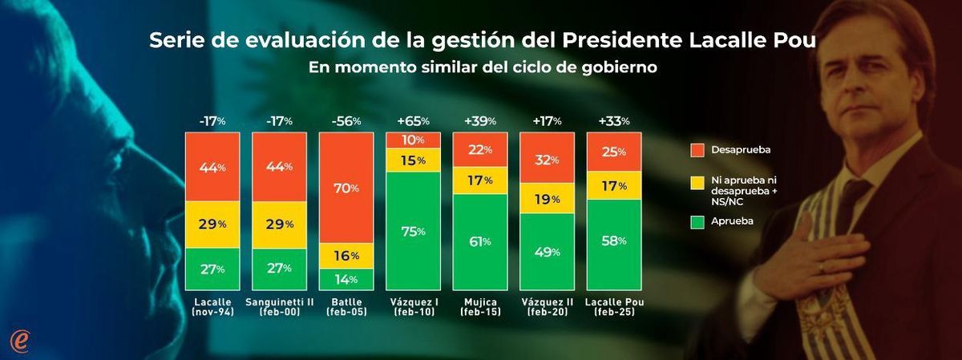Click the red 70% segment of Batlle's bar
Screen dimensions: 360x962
[346, 188]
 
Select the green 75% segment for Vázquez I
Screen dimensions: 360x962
[414, 231]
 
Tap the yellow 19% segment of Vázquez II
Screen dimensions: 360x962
[548, 199]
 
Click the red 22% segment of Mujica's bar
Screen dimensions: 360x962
[480, 150]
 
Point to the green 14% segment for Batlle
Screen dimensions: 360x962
[346, 279]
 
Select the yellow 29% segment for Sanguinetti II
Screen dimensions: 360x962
[279, 224]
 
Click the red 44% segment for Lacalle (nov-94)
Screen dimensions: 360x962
[212, 167]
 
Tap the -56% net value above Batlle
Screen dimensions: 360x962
[346, 121]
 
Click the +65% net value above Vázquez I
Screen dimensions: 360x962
[414, 121]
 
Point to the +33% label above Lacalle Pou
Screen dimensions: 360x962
[615, 121]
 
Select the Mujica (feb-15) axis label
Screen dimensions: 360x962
[480, 307]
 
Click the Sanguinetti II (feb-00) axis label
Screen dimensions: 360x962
[279, 307]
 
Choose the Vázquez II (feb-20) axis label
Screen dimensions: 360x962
[548, 307]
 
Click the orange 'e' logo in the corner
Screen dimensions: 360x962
[20, 339]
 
